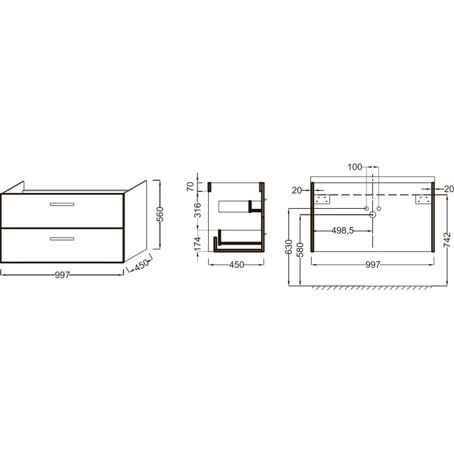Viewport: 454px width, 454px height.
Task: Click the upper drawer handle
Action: [x=62, y=204]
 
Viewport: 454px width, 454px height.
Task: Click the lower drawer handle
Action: [x=62, y=239]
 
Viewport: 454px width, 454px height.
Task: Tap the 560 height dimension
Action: [x=160, y=214]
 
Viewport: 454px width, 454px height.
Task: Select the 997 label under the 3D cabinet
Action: [x=62, y=275]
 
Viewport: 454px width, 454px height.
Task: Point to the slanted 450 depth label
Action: [x=142, y=264]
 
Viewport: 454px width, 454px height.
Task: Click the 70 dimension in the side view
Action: [x=190, y=187]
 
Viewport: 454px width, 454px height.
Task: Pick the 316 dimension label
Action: [x=197, y=210]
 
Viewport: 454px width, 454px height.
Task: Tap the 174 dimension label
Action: [x=197, y=244]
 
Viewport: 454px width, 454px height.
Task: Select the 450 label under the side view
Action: [x=237, y=264]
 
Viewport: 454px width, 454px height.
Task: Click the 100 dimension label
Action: [x=355, y=167]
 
